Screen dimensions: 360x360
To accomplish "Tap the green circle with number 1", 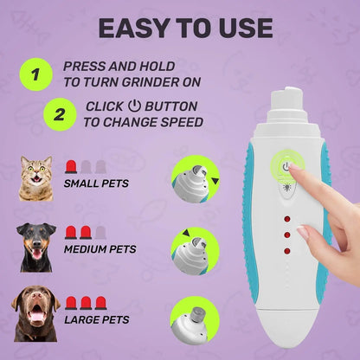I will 35,74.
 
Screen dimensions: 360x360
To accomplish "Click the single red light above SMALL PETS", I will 70,165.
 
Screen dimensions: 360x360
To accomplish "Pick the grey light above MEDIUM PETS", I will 100,233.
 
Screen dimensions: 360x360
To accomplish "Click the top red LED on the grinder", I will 287,219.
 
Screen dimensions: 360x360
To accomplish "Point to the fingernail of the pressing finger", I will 295,172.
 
